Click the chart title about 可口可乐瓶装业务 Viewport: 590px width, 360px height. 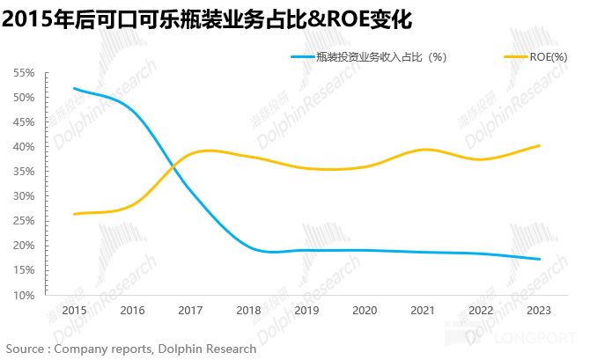tap(208, 18)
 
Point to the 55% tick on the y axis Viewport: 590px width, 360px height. tap(24, 73)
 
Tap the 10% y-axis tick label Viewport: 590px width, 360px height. tap(24, 295)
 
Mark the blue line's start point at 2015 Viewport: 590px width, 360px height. tap(74, 88)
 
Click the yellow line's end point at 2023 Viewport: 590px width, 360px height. tap(539, 145)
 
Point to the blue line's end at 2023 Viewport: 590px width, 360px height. tap(539, 259)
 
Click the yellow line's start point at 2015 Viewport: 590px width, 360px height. tap(74, 214)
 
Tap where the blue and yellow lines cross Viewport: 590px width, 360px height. tap(170, 164)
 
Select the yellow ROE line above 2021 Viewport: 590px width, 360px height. tap(423, 150)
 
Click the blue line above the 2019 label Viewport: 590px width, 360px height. tap(306, 250)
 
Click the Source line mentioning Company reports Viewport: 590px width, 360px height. tap(131, 349)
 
